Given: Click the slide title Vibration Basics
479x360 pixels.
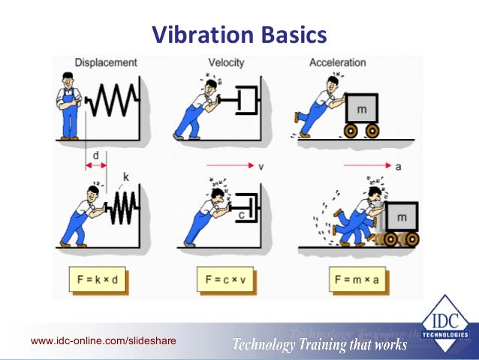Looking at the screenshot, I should [239, 35].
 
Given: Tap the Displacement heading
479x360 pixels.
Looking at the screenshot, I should [106, 62].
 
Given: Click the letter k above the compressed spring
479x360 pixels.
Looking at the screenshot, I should [126, 177].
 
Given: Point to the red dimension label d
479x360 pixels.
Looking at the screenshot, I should [96, 156].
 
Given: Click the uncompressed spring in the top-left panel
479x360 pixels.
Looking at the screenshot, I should [113, 99].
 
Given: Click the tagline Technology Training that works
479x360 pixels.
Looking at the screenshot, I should [319, 345].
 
